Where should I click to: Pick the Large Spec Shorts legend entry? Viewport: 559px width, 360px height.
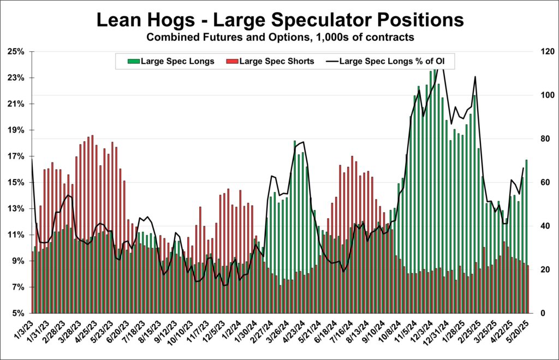[x=273, y=61]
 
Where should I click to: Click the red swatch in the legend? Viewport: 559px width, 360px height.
[x=229, y=61]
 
